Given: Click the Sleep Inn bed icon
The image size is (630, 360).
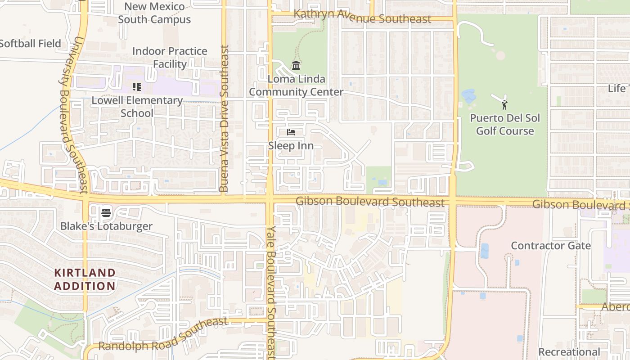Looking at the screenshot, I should pos(291,132).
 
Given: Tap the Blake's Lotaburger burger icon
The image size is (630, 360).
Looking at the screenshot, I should pos(106,212).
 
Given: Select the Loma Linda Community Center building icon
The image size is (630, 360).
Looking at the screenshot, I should pos(296,66).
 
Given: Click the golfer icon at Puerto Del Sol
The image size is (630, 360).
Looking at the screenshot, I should pos(504,105).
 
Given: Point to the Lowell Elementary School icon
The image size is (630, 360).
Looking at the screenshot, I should pos(137,86).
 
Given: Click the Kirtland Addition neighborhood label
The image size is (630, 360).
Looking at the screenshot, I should pos(85,279).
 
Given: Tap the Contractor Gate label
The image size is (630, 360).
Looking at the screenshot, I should pos(551,246).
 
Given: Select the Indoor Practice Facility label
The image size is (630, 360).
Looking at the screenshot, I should pos(170,58).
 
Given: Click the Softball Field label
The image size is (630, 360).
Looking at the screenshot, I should pos(30,44).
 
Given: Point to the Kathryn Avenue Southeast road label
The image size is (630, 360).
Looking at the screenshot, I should pos(362,17).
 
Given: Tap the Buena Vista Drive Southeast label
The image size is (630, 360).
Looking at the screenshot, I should pos(224,119).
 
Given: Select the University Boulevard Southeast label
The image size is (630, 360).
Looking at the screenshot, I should pos(73,115).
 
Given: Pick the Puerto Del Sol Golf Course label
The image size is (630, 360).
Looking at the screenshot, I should pos(505,125).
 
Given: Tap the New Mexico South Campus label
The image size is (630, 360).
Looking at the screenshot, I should pos(154,13).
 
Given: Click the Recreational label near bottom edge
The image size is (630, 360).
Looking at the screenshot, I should pos(569,352).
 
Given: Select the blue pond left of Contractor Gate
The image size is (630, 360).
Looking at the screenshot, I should pos(484,251).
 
